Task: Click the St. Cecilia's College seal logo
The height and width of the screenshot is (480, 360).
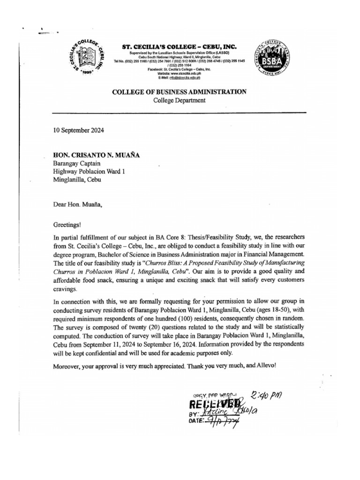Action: pyautogui.click(x=91, y=59)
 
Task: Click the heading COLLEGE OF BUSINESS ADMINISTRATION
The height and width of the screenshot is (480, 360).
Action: pyautogui.click(x=179, y=92)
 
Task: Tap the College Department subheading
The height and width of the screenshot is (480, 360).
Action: pyautogui.click(x=179, y=100)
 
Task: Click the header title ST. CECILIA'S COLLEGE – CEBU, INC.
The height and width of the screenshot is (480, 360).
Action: pyautogui.click(x=179, y=47)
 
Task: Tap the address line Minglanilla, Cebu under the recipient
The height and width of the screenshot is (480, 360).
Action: pyautogui.click(x=75, y=179)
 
